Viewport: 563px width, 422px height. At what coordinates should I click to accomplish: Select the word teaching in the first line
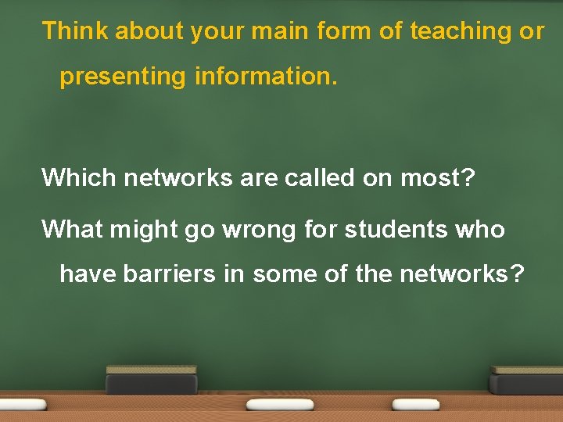point(456,31)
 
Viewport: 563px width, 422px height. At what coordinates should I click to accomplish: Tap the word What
point(75,229)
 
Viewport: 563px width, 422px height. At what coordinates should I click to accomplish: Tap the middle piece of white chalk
point(279,404)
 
